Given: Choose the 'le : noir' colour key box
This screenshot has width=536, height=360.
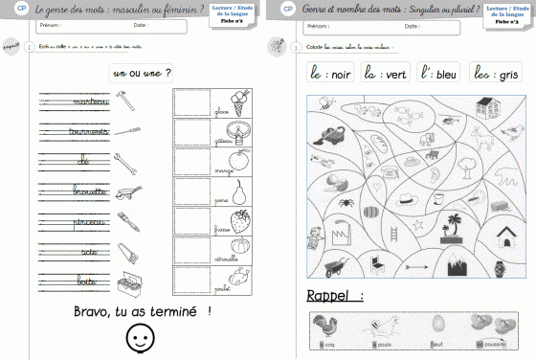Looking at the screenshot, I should pyautogui.click(x=329, y=73).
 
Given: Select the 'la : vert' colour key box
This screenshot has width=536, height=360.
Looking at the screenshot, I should pyautogui.click(x=382, y=73).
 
